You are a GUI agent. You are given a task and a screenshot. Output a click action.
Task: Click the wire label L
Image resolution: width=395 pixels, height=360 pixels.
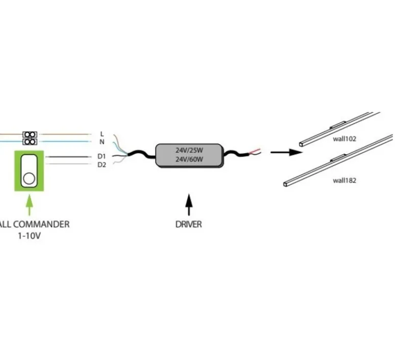(102, 134)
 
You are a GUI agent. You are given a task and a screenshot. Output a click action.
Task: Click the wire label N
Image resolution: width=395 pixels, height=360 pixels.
(102, 141)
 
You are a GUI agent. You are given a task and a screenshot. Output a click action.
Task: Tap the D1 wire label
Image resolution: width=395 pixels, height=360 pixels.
(102, 156)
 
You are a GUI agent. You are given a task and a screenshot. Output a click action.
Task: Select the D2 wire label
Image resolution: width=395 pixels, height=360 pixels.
(102, 164)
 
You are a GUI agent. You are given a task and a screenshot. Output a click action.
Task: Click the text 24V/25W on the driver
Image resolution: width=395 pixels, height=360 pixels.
(189, 151)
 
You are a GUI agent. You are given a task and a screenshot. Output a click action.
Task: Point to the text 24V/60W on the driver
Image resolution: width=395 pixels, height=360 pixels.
(189, 159)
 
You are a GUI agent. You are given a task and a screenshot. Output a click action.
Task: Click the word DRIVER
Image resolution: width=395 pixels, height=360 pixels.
(189, 224)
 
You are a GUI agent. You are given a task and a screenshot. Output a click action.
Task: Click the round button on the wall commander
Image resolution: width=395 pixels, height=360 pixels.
(30, 179)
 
